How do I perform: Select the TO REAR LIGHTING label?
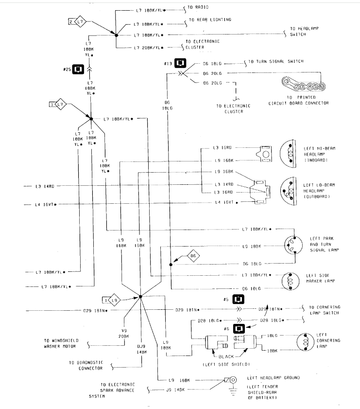206,20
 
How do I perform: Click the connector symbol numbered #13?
180,64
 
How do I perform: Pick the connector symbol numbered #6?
239,329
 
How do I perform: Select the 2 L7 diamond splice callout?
78,22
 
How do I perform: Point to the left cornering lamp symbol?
306,341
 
